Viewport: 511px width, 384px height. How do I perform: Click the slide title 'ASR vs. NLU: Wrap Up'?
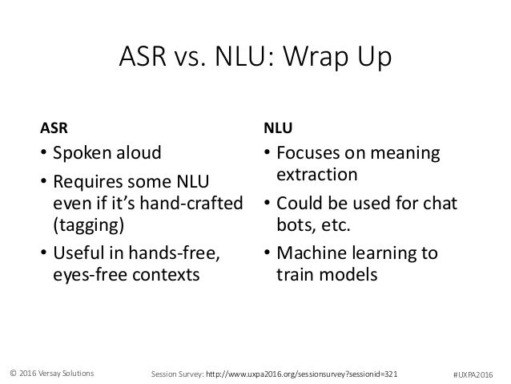pos(255,59)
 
